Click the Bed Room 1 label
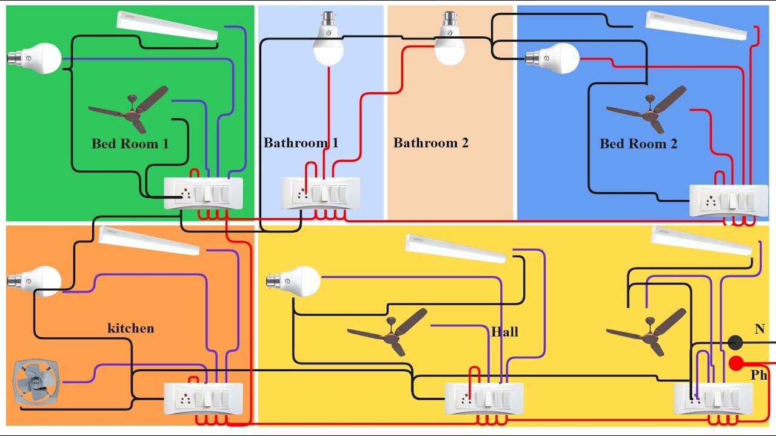click(x=130, y=144)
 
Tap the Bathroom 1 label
click(x=301, y=144)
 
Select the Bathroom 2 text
click(x=430, y=144)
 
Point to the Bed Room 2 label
click(x=638, y=144)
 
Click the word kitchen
click(x=130, y=328)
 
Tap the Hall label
click(x=504, y=332)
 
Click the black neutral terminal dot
click(x=735, y=343)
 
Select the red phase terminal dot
click(x=737, y=363)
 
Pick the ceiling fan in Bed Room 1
click(x=130, y=110)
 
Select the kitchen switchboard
click(x=204, y=398)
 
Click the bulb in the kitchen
click(x=35, y=281)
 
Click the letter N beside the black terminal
click(x=760, y=329)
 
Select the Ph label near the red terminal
click(x=759, y=375)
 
